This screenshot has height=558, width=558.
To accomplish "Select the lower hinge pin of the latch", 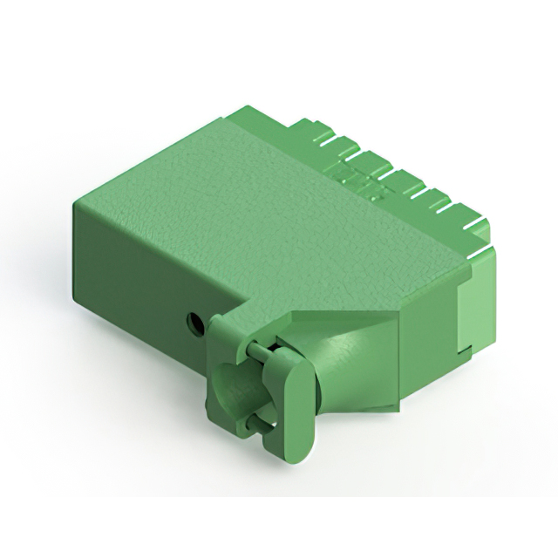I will pyautogui.click(x=255, y=425).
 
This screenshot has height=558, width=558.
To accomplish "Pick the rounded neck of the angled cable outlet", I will pyautogui.click(x=336, y=371).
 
